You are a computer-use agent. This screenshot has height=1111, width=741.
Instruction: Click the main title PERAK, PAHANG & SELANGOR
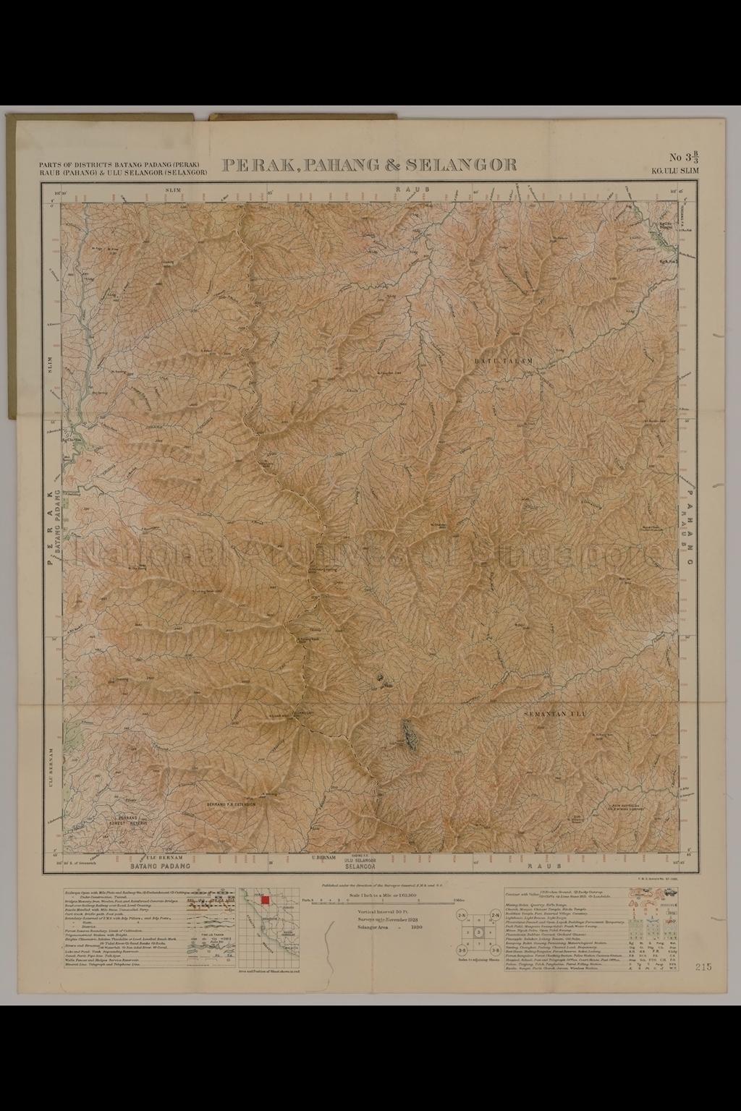click(370, 165)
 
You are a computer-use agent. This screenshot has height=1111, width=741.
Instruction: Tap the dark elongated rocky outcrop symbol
click(410, 737)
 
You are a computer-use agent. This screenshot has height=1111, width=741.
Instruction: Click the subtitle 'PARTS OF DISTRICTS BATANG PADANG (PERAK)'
click(124, 165)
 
